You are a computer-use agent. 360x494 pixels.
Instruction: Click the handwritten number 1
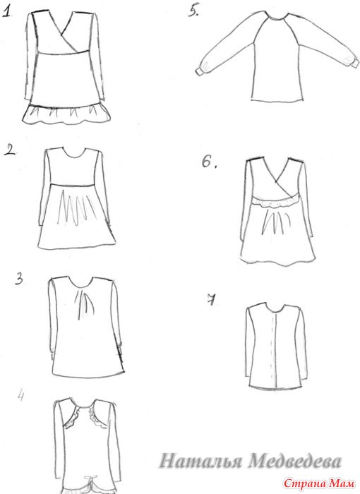tap(7, 12)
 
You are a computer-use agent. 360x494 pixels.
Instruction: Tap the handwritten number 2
tap(10, 150)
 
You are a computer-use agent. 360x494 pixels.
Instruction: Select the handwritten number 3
tap(19, 279)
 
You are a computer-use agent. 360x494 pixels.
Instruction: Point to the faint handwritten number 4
tap(20, 396)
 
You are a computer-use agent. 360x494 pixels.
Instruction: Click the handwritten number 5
tap(193, 11)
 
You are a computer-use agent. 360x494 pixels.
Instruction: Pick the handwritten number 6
tap(209, 162)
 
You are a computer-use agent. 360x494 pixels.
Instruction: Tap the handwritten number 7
tap(212, 300)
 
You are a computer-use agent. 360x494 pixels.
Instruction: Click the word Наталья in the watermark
tap(200, 462)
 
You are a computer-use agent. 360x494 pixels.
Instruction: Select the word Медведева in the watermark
tap(295, 462)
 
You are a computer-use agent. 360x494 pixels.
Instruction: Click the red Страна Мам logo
tap(318, 483)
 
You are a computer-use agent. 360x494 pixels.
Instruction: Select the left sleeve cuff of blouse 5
tap(199, 71)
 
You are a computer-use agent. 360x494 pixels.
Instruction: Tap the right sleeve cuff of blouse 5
tap(355, 62)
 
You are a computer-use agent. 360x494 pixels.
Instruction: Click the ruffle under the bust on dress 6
tap(276, 203)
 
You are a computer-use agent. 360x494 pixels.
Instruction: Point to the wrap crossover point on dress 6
tap(276, 181)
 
